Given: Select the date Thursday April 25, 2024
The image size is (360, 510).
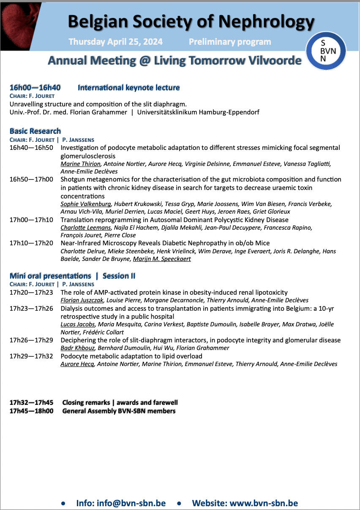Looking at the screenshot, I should click(x=115, y=42).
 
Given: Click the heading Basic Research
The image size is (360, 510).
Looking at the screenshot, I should click(x=35, y=131).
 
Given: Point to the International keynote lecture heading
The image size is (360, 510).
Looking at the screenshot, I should click(x=128, y=88).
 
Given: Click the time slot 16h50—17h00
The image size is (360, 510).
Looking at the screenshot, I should click(x=31, y=179).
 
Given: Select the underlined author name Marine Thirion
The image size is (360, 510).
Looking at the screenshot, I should click(x=81, y=164).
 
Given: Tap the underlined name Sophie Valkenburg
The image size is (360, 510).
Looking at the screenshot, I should click(x=86, y=204).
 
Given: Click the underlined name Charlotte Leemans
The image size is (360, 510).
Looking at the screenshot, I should click(x=86, y=228).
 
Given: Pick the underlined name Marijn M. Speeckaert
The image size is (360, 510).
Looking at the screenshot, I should click(x=162, y=259).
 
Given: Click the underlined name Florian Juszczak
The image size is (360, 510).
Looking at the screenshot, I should click(x=83, y=300).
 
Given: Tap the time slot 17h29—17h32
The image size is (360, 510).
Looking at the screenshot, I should click(x=31, y=356).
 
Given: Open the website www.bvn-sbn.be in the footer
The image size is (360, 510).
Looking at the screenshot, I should click(x=264, y=503).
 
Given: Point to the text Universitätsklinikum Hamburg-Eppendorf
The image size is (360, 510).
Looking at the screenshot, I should click(x=198, y=112).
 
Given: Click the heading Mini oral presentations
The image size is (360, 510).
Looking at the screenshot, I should click(x=50, y=276).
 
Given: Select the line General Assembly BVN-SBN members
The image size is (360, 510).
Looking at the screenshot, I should click(x=119, y=411).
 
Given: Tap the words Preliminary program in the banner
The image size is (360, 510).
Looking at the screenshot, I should click(x=230, y=42).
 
